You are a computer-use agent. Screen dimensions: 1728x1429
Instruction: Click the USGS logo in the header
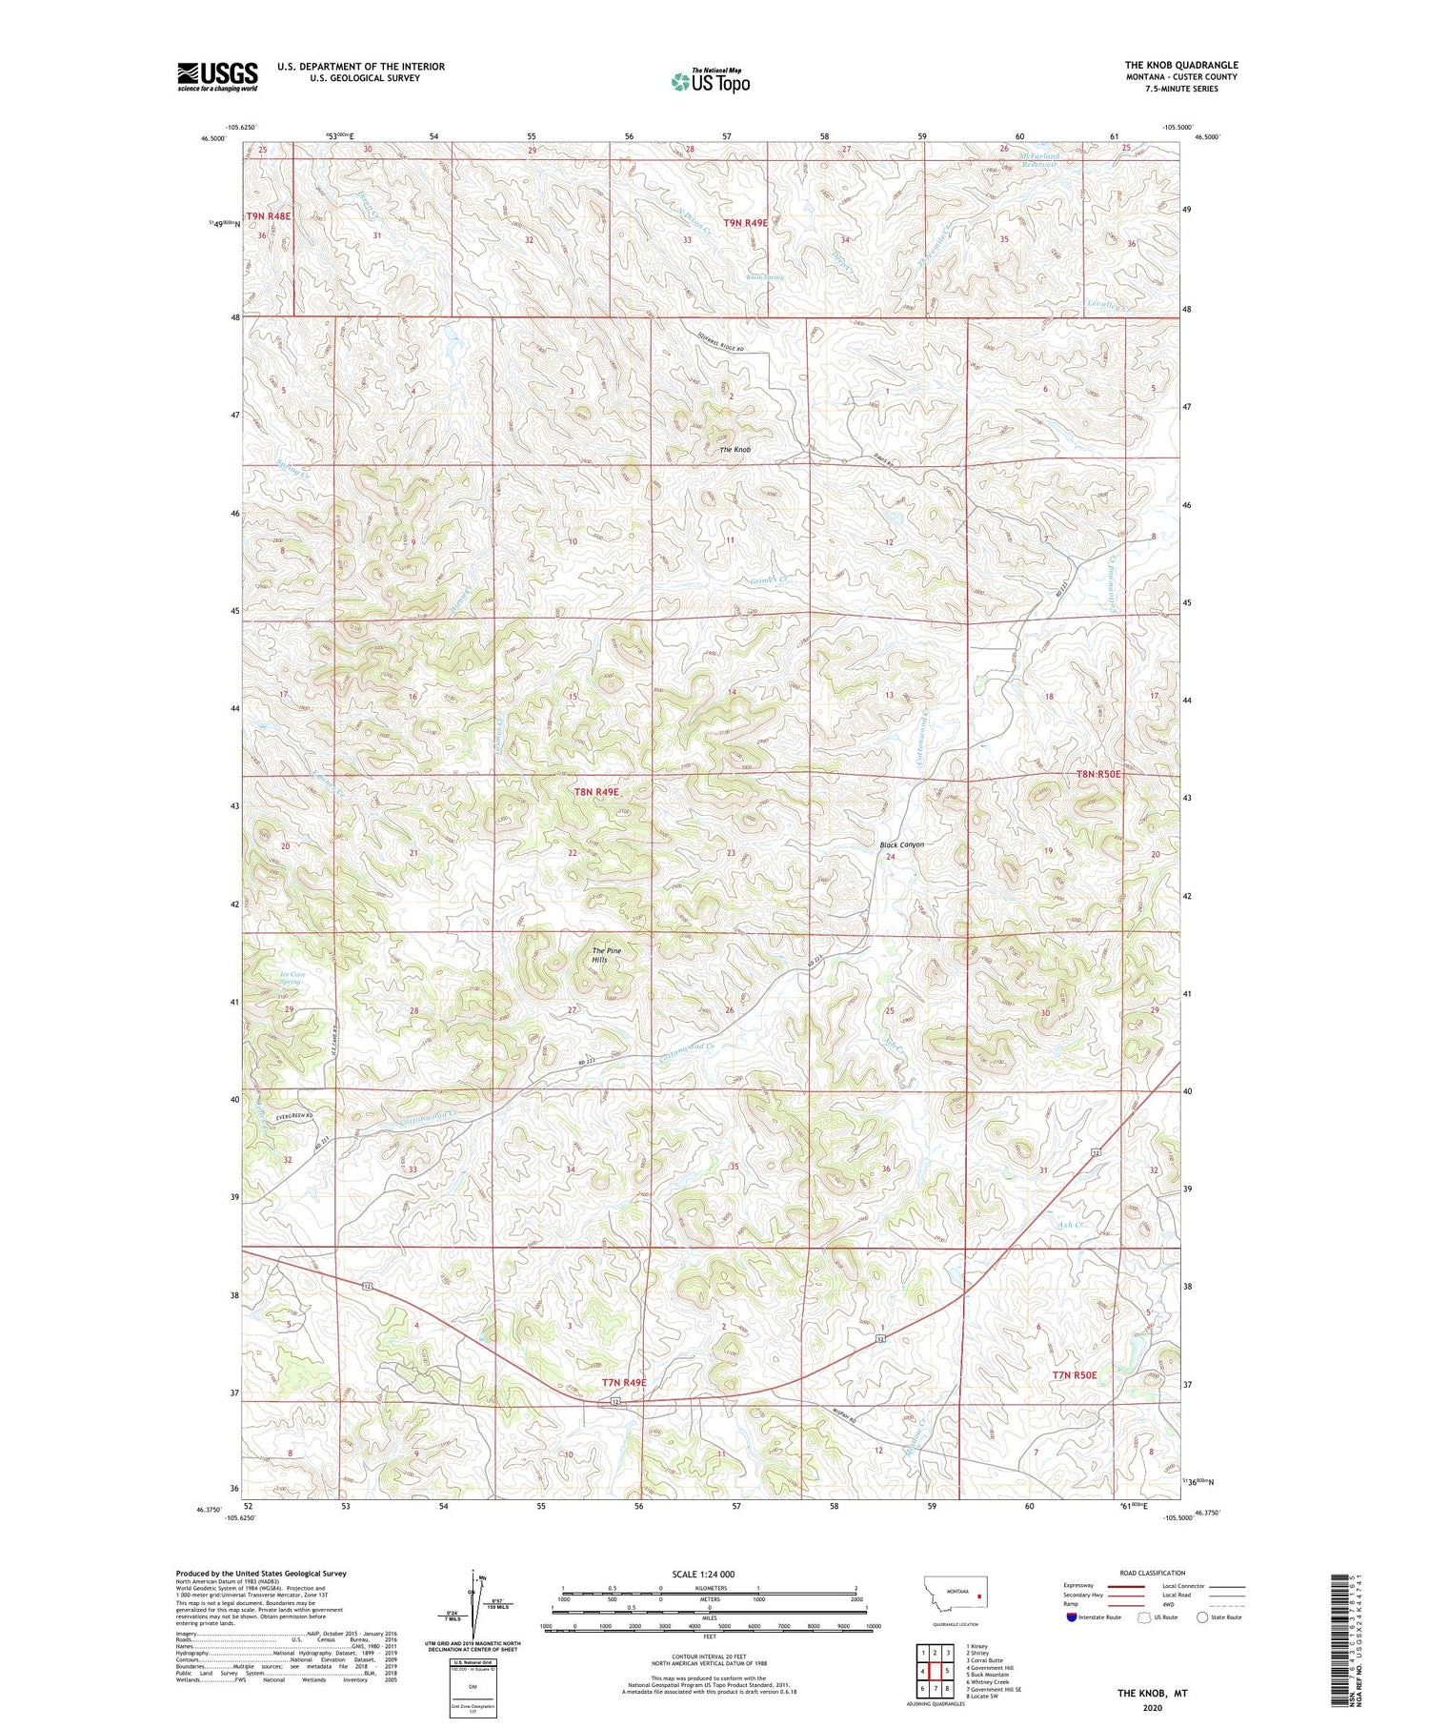point(217,76)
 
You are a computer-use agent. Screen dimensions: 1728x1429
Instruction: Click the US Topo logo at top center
point(710,81)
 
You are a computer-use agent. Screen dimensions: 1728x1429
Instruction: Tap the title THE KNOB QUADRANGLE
point(1180,65)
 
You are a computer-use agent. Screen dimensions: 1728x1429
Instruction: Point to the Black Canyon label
point(901,844)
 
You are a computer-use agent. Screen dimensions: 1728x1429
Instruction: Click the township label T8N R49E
point(596,792)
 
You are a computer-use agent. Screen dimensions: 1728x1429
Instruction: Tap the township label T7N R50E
point(1075,1375)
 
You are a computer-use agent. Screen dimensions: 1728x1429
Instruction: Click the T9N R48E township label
point(269,216)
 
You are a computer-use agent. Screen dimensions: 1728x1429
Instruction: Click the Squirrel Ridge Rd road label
point(719,342)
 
